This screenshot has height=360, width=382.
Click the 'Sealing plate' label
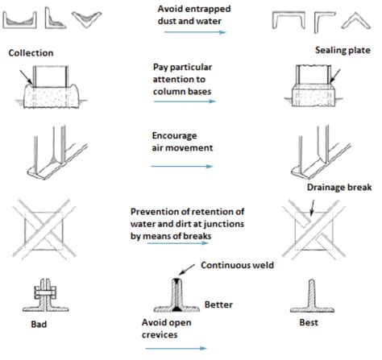[343, 50]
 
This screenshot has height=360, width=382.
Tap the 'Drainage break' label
[339, 188]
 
